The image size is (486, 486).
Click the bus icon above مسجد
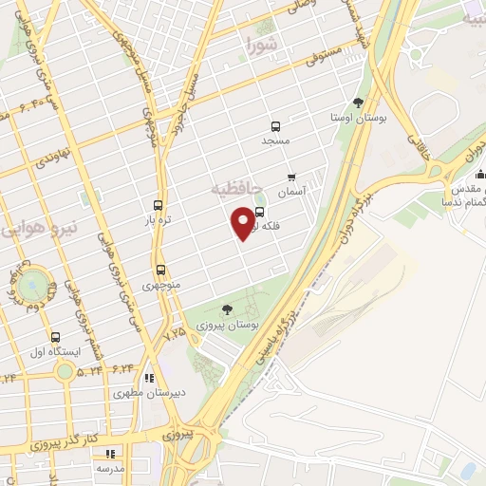point(275,126)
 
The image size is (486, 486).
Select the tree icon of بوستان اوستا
point(358,103)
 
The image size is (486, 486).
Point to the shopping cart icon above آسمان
point(291,177)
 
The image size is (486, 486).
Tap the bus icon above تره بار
point(158,205)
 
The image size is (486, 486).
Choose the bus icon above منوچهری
point(160,270)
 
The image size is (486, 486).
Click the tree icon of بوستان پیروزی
point(227,309)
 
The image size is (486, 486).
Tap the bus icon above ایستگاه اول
point(55,337)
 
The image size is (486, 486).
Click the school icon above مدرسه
point(109,455)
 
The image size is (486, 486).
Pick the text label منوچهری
point(160,284)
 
